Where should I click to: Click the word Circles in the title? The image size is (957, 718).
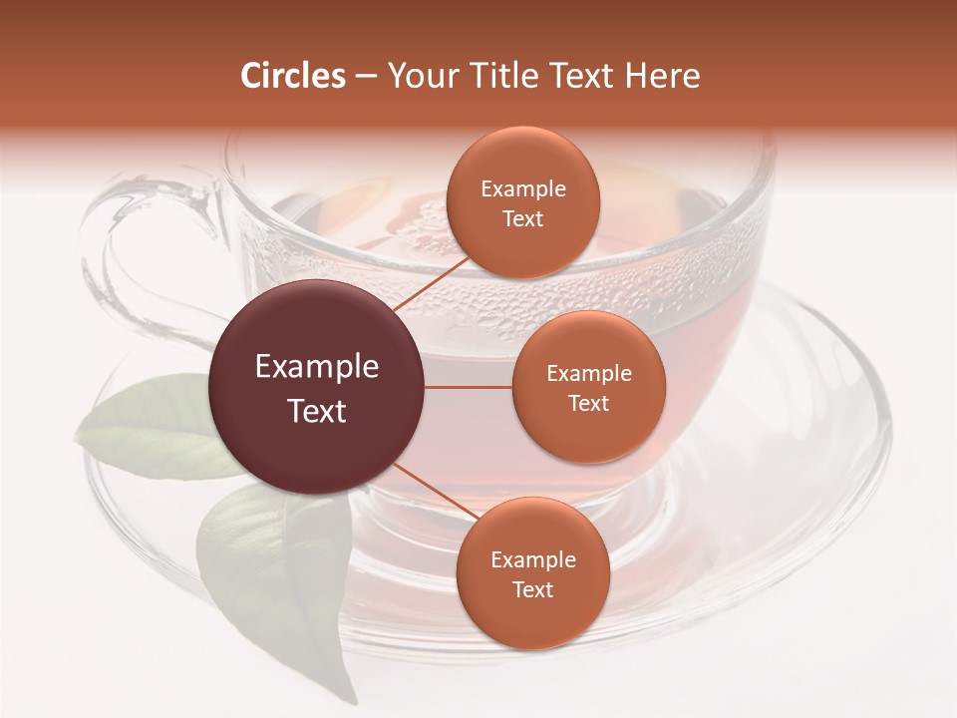(293, 76)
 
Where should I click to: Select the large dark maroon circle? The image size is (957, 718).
(317, 388)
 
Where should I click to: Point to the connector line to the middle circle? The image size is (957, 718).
(469, 388)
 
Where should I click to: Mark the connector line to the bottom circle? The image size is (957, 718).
(431, 489)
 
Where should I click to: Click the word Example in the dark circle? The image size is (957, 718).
(317, 367)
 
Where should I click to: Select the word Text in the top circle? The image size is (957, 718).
(522, 219)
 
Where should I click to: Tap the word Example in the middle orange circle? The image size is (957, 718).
(588, 374)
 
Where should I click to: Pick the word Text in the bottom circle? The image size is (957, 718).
(532, 590)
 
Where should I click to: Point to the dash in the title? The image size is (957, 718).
(366, 77)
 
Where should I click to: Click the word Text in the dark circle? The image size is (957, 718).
(317, 411)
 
